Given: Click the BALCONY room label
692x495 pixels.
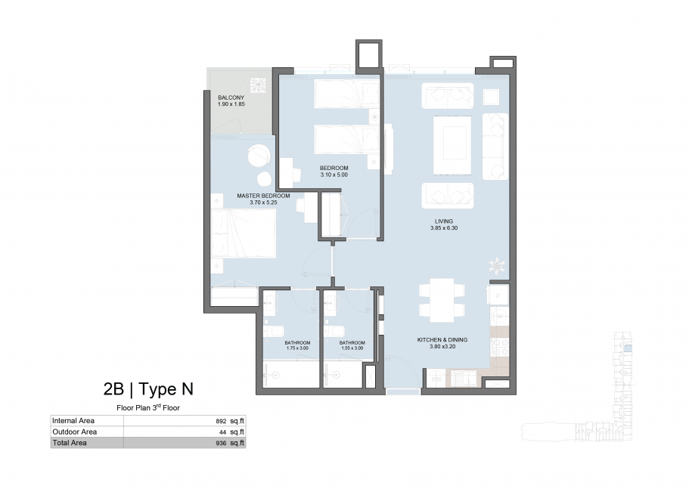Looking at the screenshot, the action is [x=231, y=97].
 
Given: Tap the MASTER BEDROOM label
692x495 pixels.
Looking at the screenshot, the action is [x=263, y=196].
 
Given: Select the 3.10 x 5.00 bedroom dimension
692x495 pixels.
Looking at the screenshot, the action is [x=334, y=175].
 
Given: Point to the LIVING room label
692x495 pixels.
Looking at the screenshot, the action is [x=444, y=221].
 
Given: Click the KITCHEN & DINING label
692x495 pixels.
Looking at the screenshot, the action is [x=442, y=340].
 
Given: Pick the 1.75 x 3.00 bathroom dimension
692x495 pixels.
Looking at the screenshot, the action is [x=297, y=348].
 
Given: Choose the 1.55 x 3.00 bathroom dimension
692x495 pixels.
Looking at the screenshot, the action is [x=352, y=348].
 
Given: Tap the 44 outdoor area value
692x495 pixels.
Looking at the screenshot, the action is [x=223, y=432].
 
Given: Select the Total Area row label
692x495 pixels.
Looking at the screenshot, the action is [x=70, y=443].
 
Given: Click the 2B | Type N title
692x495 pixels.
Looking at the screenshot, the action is [x=148, y=389].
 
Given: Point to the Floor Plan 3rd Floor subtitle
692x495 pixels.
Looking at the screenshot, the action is [x=148, y=407].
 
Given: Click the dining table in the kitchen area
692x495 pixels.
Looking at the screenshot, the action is [x=442, y=300].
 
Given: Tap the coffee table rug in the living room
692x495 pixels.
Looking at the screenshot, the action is [x=452, y=145].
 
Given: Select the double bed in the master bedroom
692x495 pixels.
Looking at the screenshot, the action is [x=244, y=234].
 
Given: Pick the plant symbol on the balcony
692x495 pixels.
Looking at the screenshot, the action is [x=258, y=85].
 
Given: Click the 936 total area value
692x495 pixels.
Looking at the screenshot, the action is [x=221, y=444].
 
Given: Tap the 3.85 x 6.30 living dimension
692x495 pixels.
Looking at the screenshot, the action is [x=444, y=228].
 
